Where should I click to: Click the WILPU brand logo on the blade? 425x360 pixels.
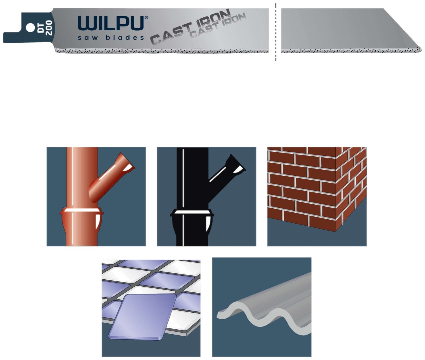111,23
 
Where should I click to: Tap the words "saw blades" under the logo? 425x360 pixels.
111,38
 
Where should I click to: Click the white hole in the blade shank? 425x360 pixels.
30,27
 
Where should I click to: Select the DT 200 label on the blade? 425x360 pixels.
45,28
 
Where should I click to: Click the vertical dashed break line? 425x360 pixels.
275,32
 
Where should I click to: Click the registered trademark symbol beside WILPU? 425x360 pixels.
146,18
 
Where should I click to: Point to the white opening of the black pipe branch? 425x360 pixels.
239,170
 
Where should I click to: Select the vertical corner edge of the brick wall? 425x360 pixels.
335,189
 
